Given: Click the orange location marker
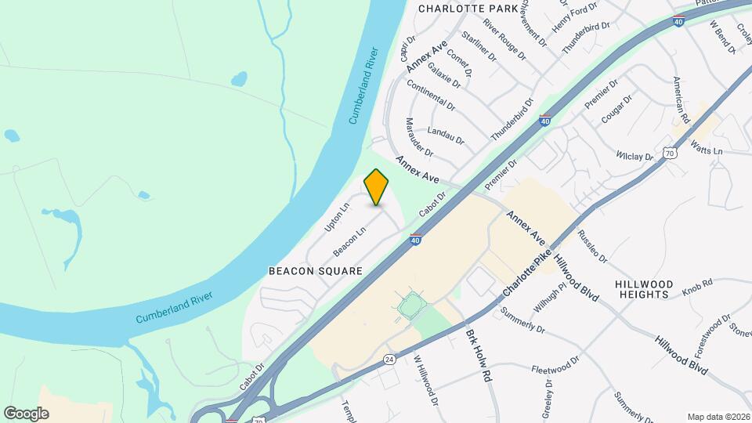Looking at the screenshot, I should (x=377, y=187).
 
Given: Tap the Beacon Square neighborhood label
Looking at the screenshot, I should (x=316, y=271).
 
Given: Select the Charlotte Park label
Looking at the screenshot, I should (x=468, y=9).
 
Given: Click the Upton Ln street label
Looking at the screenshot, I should (x=336, y=218).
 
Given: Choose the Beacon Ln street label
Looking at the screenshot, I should (x=349, y=241).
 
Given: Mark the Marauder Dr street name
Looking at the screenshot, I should (x=420, y=136).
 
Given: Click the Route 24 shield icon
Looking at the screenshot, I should (x=389, y=359).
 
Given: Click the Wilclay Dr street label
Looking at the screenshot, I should (x=634, y=157).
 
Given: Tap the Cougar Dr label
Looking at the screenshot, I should (x=616, y=110).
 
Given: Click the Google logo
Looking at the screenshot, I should (x=26, y=413).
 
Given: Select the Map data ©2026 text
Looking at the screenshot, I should (x=718, y=417).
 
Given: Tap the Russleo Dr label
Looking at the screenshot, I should (x=592, y=246).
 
